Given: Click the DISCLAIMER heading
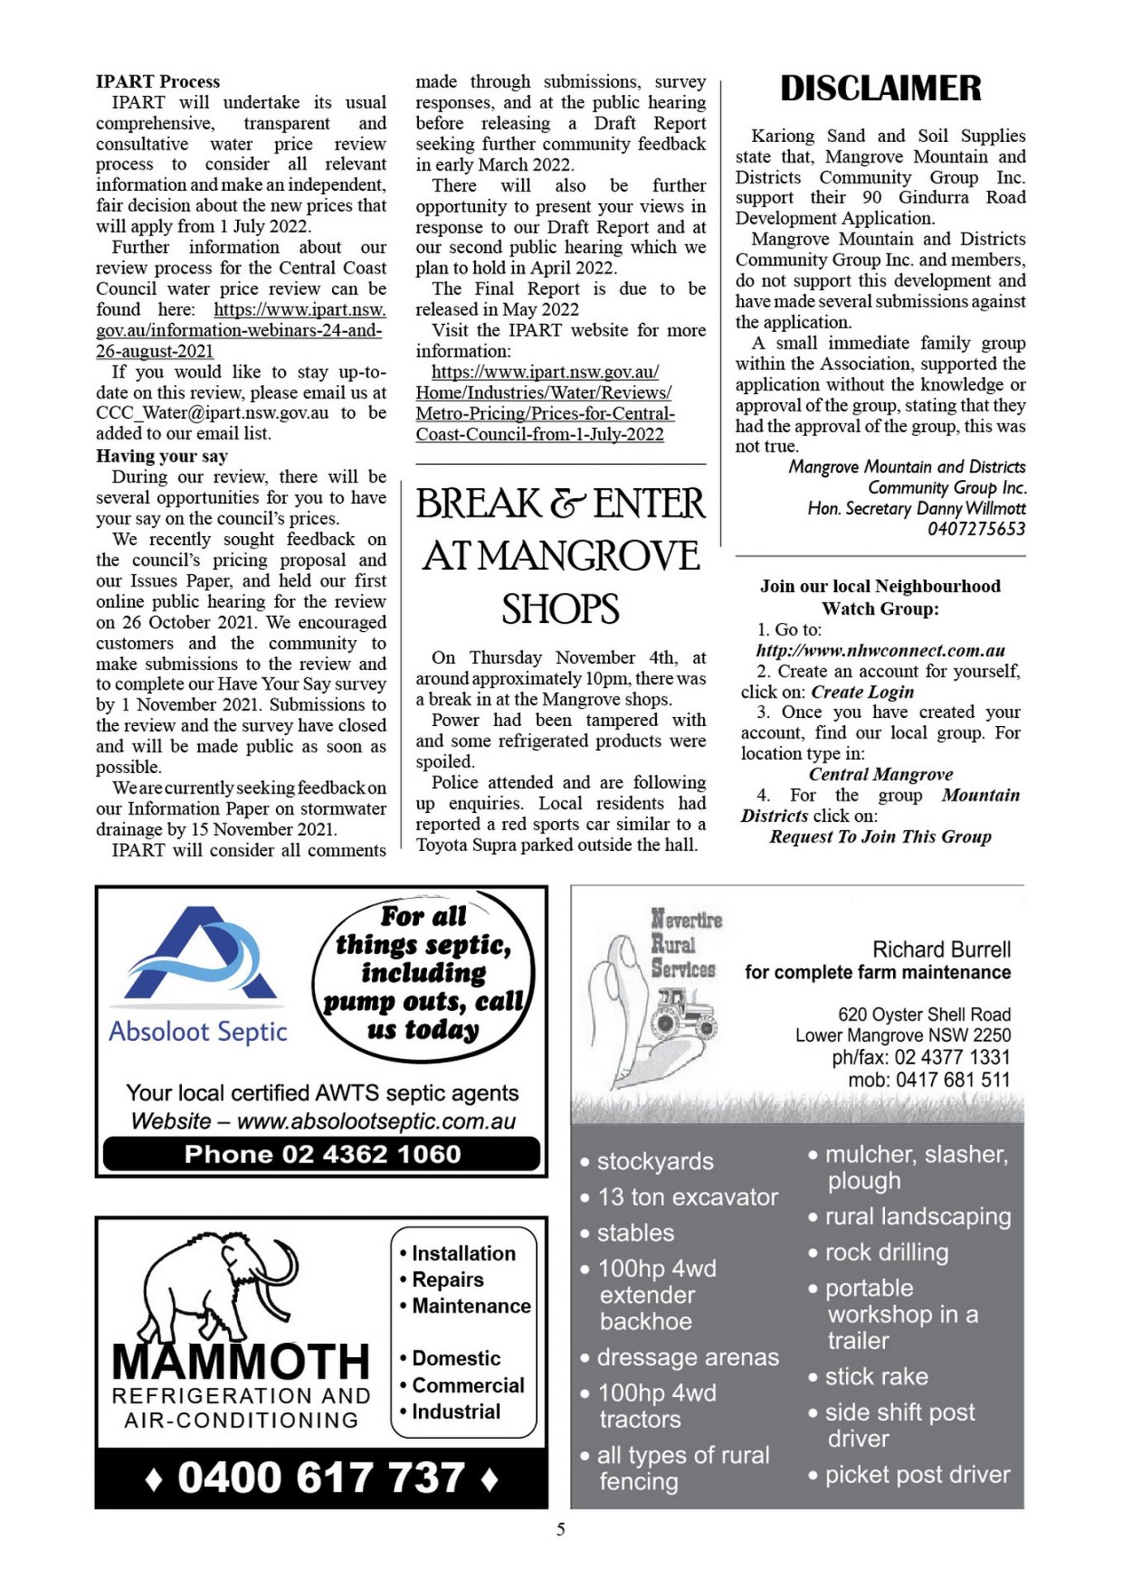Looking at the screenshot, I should coord(880,88).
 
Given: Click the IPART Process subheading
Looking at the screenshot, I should coord(158,82).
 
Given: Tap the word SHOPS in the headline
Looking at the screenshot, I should coord(560,610).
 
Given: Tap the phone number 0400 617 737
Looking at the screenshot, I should coord(321,1478).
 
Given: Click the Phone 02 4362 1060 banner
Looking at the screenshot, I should coord(321,1154).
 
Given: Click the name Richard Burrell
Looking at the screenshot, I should coord(941,949).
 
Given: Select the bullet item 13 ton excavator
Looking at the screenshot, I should coord(687,1197).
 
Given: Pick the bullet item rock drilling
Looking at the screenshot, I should coord(886,1252).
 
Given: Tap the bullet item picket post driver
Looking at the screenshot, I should coord(917,1474).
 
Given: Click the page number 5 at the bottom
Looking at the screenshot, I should coord(561,1530).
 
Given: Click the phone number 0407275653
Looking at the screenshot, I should coord(976,529).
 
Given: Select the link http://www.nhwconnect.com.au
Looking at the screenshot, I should coord(880,650).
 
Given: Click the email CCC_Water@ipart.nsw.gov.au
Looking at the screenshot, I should coord(212,413).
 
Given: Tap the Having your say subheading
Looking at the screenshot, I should coord(162,456).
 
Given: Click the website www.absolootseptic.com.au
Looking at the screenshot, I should coord(376,1121).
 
